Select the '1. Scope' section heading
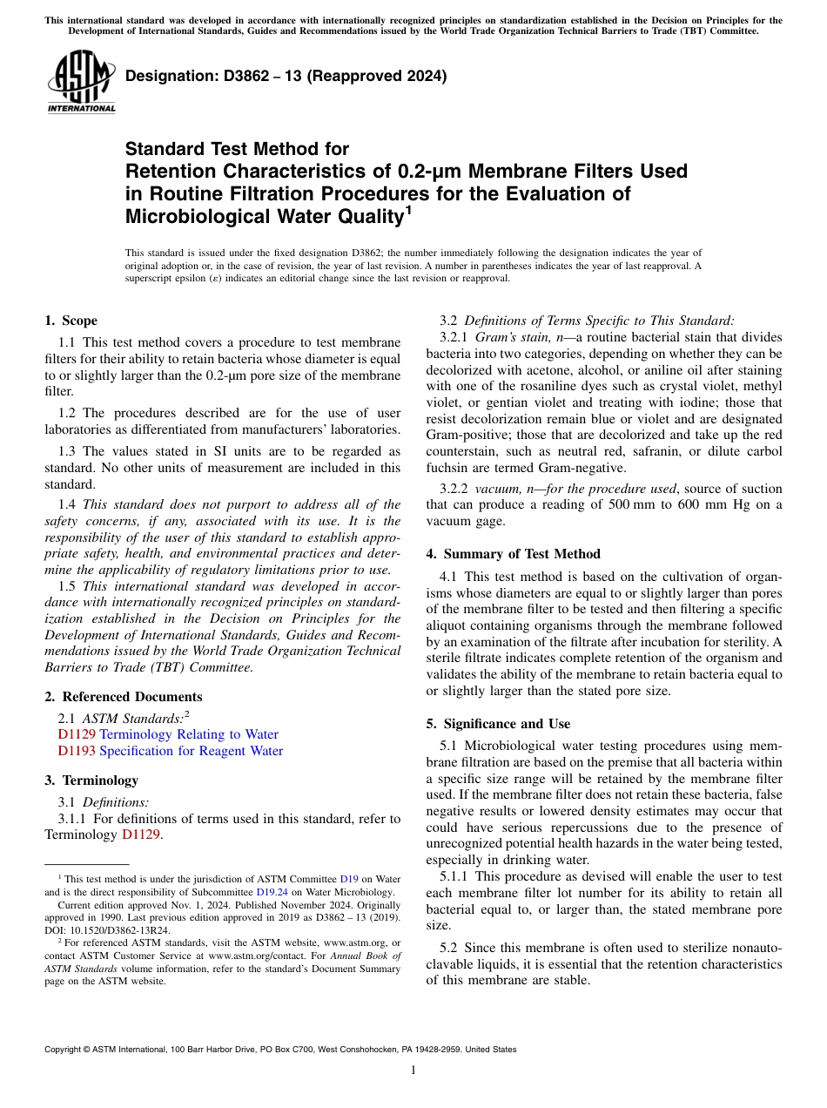coord(71,321)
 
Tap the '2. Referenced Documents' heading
coord(123,696)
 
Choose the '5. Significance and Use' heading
coord(498,723)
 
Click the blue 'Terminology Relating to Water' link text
coord(189,734)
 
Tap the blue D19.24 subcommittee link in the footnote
coord(267,891)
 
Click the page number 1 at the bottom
coord(413,1070)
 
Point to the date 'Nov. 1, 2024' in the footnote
coord(165,904)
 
